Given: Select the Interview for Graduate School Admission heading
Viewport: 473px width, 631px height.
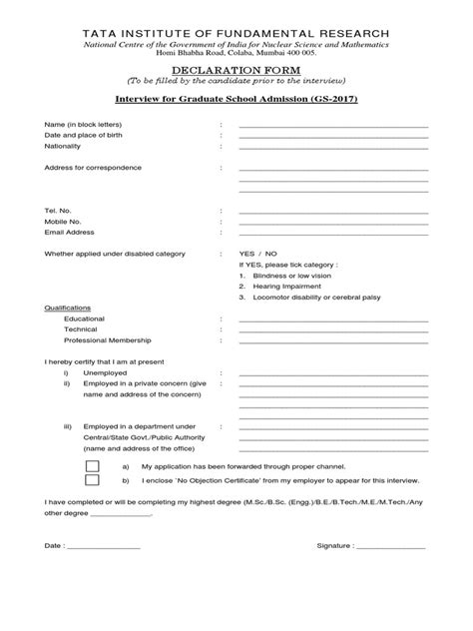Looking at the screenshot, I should click(x=236, y=100).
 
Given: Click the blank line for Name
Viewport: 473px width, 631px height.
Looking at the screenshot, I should click(x=333, y=126).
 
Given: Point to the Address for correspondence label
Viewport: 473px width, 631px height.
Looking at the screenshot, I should click(x=93, y=167).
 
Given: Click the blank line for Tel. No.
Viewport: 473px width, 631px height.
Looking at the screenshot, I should click(x=333, y=213).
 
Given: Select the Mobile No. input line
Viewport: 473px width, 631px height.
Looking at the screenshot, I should click(x=333, y=224).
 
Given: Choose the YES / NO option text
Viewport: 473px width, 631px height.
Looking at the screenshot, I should click(x=258, y=255).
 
